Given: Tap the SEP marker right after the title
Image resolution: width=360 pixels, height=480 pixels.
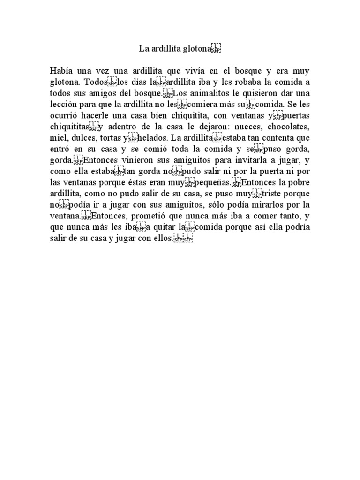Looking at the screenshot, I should click(216, 49).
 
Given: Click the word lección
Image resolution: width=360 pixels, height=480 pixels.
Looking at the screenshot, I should click(64, 104).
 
